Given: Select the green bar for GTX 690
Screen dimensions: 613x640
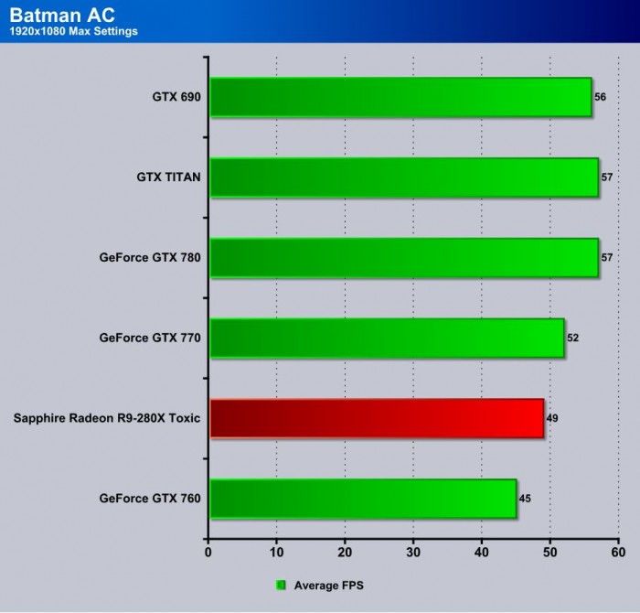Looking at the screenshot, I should coord(400,98).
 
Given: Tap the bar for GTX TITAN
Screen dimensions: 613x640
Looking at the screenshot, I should coord(404,177).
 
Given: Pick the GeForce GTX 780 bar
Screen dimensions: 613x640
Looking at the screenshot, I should coord(404,258).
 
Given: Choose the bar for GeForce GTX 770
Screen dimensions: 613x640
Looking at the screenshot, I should coord(387,338).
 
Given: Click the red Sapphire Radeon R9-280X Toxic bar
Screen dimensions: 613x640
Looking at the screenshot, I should coord(377,418).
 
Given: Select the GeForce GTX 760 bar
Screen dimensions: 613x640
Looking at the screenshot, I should coord(363,499).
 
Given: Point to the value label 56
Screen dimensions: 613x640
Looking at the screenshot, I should coord(600,97).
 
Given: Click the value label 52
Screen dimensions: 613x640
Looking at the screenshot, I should coord(573,338).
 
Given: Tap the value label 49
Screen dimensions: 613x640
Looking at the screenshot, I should coord(552,418).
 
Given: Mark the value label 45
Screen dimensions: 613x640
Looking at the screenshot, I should coord(525,499).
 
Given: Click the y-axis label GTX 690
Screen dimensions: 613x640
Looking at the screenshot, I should coord(177,97).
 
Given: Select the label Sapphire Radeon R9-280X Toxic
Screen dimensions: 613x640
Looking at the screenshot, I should coord(107,418).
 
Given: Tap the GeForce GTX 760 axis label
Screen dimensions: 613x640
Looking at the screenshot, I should coord(150,499).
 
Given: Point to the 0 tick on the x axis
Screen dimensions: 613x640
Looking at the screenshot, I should coord(208,553).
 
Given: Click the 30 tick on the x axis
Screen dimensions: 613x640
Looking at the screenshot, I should coord(413,553).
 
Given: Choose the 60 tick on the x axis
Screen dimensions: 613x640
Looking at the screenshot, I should coord(618,553).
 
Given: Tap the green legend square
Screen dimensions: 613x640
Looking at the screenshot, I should coord(282,585).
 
